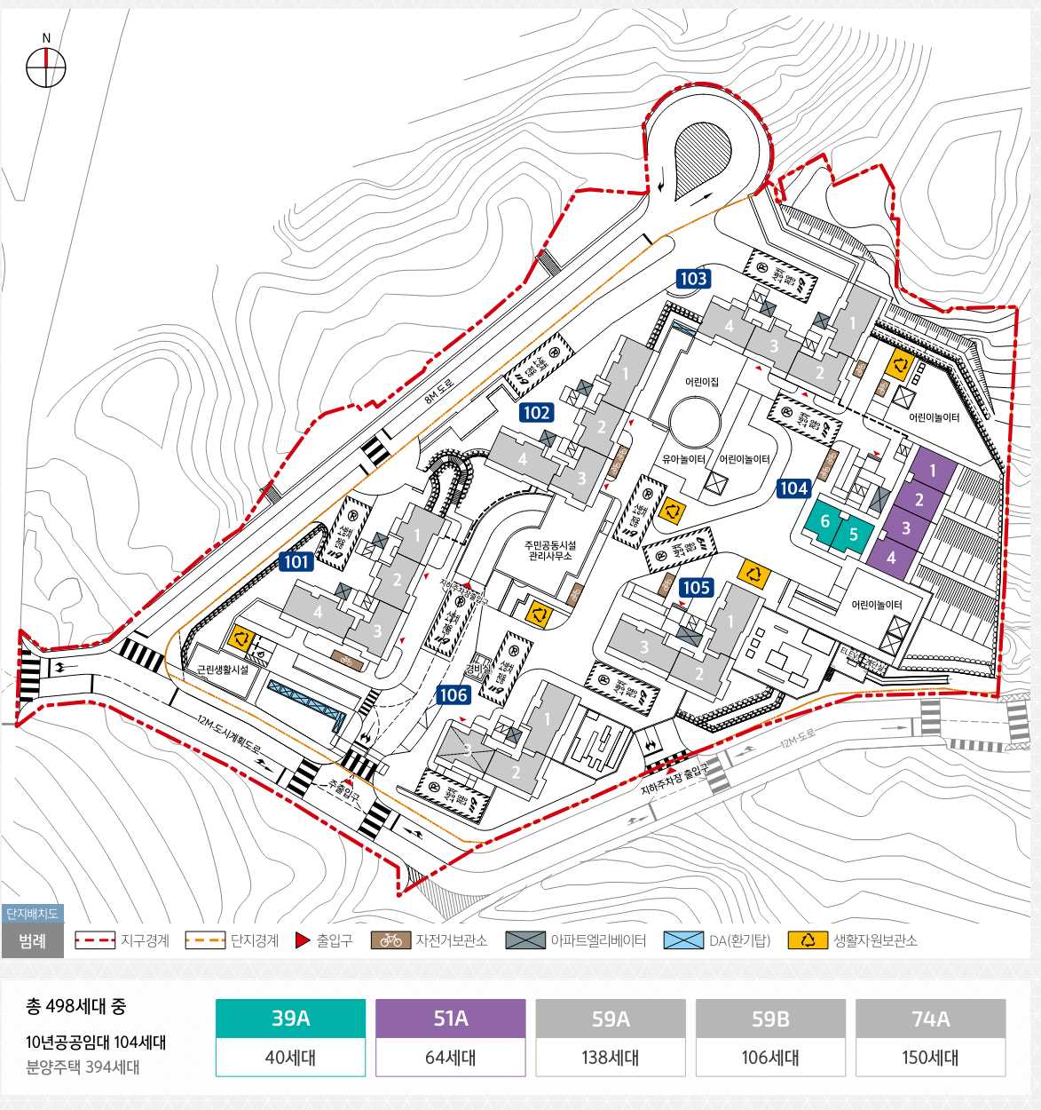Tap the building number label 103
[693, 279]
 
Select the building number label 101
[297, 561]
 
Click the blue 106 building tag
[453, 695]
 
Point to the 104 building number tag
[793, 488]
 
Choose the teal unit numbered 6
[825, 521]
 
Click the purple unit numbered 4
[891, 559]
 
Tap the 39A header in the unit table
[290, 1019]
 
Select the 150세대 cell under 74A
[930, 1058]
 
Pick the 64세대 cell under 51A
[450, 1058]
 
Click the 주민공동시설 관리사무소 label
[550, 551]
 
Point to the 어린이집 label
[701, 382]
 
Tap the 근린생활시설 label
[223, 670]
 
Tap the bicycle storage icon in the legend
[390, 940]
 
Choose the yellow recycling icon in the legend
[807, 940]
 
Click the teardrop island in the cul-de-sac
[701, 160]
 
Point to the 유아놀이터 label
[683, 459]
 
